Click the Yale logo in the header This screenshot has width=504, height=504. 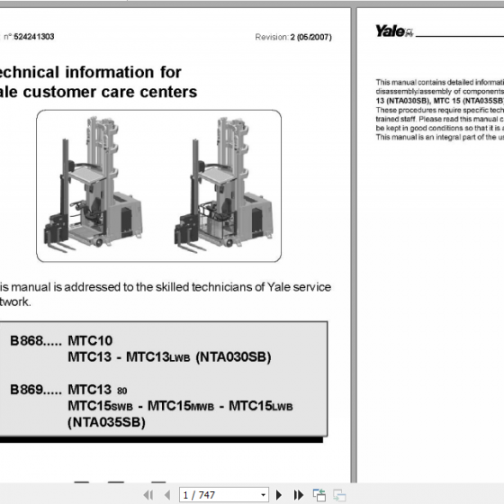click(x=393, y=31)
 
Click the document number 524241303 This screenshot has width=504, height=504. click(x=34, y=37)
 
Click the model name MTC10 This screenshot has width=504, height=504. click(x=90, y=341)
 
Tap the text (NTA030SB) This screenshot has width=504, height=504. click(x=233, y=357)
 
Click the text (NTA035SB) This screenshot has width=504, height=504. click(x=105, y=421)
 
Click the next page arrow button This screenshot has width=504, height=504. click(x=279, y=494)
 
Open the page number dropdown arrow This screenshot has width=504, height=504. click(x=263, y=494)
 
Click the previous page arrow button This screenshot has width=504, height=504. click(x=168, y=494)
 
